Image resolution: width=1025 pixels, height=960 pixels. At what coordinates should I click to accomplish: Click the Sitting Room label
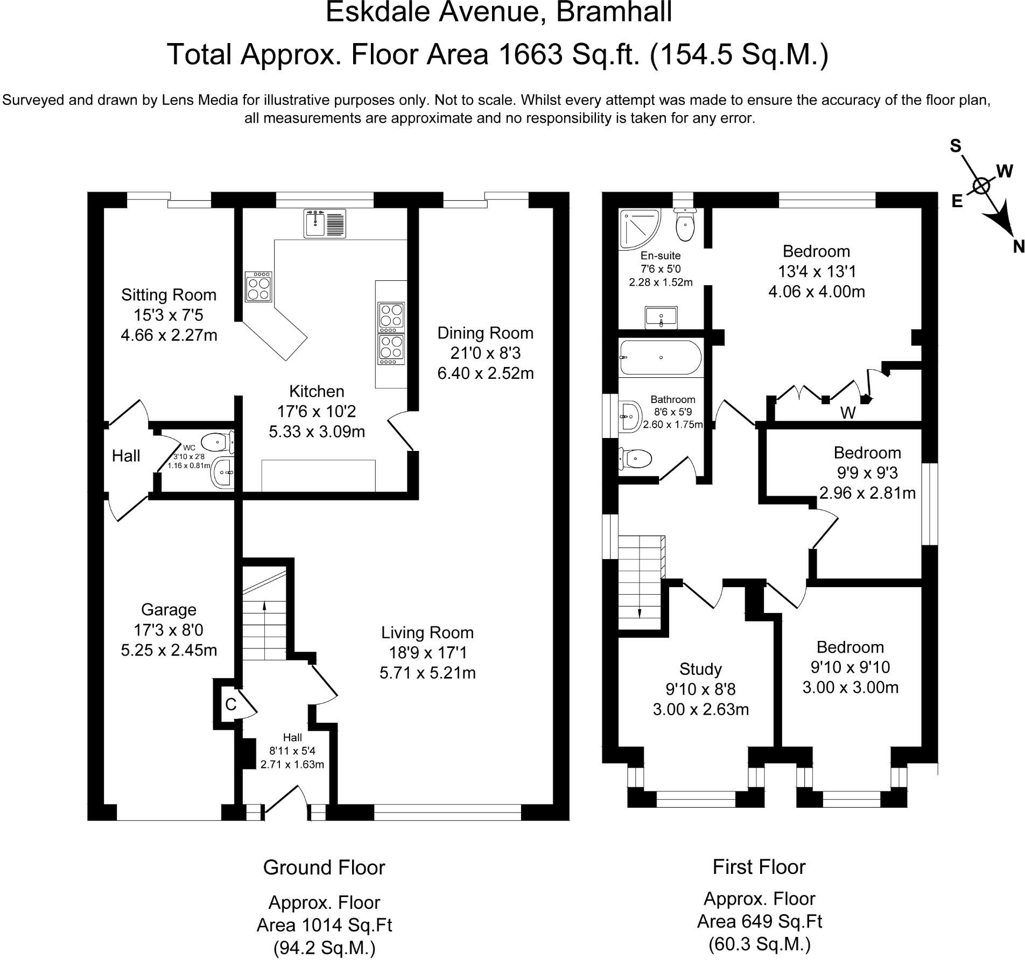[169, 295]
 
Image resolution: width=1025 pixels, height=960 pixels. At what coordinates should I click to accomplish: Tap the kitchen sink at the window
[325, 223]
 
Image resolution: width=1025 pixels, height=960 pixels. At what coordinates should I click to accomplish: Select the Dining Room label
[485, 333]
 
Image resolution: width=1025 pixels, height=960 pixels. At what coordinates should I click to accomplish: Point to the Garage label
[169, 610]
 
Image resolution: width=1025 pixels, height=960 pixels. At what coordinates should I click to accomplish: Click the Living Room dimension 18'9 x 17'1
[427, 653]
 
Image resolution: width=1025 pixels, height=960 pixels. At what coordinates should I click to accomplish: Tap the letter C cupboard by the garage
[231, 704]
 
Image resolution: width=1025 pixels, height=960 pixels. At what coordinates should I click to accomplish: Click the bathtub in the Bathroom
[661, 357]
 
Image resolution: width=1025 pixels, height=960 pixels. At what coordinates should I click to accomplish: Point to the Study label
[700, 669]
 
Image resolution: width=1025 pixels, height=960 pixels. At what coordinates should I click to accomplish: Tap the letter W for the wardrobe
[848, 413]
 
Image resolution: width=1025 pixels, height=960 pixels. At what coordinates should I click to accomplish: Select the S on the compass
[956, 146]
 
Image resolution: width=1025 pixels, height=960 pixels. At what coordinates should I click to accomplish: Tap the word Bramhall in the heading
[614, 11]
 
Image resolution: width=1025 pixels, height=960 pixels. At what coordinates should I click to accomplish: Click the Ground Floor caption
[324, 867]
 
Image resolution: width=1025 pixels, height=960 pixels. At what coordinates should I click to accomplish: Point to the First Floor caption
[759, 867]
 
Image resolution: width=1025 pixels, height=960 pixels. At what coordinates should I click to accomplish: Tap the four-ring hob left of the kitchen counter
[258, 287]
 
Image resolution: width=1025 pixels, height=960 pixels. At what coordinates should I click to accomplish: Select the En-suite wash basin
[661, 317]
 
